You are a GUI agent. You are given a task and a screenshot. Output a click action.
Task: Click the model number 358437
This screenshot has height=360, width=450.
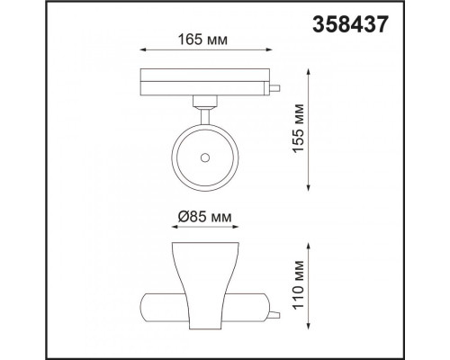[x=350, y=24]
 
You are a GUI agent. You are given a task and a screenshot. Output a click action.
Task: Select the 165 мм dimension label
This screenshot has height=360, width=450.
[x=202, y=40]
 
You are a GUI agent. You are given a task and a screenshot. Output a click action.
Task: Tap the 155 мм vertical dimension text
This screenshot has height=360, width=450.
[x=299, y=128]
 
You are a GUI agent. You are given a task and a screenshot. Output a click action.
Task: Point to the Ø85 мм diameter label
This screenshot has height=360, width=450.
[x=204, y=217]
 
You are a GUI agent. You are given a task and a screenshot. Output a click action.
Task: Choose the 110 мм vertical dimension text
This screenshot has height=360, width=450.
[x=299, y=285]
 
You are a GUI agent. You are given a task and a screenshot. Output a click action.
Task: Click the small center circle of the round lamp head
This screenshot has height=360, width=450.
[x=205, y=157]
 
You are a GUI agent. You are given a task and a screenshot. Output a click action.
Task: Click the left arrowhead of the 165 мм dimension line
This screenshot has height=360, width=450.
[x=143, y=50]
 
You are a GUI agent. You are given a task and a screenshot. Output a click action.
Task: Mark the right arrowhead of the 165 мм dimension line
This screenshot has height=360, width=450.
[x=269, y=50]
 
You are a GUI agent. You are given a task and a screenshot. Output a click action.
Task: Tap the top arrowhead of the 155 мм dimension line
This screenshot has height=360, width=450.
[x=309, y=72]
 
